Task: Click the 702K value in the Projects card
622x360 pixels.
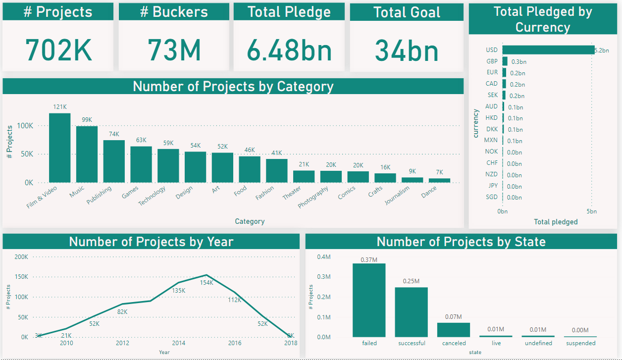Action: tap(58, 51)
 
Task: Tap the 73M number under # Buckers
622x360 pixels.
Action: tap(174, 51)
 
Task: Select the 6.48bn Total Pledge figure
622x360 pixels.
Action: tap(290, 51)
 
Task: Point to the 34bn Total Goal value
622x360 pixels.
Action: tap(407, 51)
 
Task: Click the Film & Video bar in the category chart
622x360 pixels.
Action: tap(59, 148)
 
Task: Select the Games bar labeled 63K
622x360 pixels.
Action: tap(141, 164)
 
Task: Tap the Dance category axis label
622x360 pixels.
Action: tap(429, 189)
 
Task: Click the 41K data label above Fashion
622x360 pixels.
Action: tap(276, 153)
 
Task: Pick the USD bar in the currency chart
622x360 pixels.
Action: tap(548, 50)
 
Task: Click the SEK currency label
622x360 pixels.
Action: tap(492, 95)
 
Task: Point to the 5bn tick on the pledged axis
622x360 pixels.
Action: tap(592, 211)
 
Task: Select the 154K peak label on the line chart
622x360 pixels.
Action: tap(207, 283)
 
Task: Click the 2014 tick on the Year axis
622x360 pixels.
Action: tap(178, 343)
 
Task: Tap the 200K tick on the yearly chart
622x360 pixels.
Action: tap(21, 257)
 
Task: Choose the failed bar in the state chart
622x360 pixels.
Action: tap(369, 300)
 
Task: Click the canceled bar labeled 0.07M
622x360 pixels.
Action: tap(454, 330)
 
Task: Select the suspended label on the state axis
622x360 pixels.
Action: tap(580, 343)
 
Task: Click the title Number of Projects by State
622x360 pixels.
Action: tap(461, 242)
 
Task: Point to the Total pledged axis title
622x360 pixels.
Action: tap(556, 222)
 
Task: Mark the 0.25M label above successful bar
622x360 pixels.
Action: tap(411, 281)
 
